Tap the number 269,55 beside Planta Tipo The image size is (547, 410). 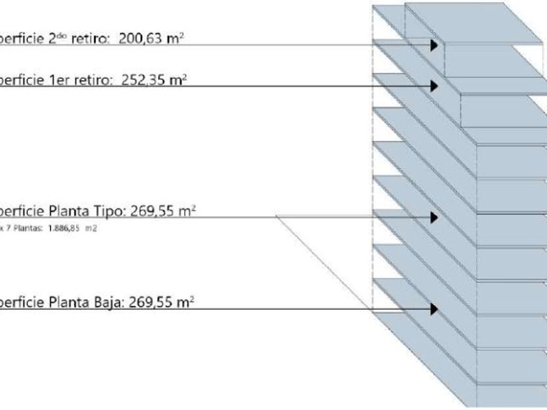click(x=154, y=212)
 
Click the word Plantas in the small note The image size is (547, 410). click(x=27, y=228)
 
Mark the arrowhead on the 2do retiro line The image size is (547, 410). click(x=433, y=44)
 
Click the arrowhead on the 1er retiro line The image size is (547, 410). click(x=433, y=86)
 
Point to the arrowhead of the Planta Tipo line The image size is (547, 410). click(x=433, y=217)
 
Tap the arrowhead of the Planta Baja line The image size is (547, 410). click(x=433, y=308)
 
